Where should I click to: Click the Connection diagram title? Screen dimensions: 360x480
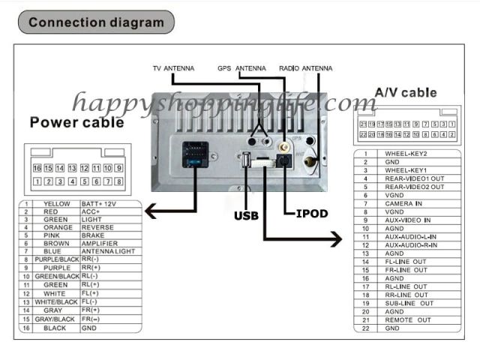pos(96,22)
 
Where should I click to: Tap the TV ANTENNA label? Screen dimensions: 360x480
pos(173,68)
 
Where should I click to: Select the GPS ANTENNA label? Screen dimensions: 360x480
pos(241,68)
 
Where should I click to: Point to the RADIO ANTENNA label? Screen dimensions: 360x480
pos(305,68)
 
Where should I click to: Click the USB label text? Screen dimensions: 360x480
pos(246,216)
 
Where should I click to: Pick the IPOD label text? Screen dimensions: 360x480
pos(312,214)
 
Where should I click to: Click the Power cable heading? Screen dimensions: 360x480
pos(77,122)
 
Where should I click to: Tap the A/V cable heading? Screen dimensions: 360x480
pos(405,92)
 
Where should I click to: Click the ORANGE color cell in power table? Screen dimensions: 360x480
pos(57,227)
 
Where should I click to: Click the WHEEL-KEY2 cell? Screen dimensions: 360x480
pos(405,154)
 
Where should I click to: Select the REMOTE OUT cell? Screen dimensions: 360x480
pos(408,319)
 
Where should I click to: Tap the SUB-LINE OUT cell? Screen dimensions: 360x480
pos(409,303)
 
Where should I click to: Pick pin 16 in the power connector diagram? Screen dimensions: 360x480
pos(37,169)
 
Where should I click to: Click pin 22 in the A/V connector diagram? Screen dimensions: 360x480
pos(364,134)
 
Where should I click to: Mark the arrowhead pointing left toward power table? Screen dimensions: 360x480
pos(150,212)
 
